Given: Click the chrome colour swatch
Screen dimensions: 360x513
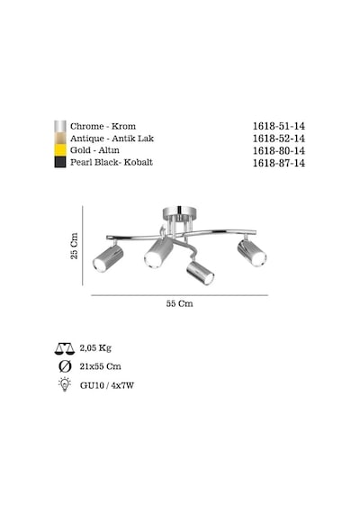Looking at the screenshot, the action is tap(60, 126).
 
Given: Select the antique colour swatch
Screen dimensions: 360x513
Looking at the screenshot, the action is tap(60, 139).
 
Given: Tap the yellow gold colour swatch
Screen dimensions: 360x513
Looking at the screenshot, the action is tap(60, 150).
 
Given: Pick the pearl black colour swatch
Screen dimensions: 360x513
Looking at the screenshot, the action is tap(60, 162).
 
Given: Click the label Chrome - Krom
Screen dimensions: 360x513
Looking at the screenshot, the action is tap(103, 126).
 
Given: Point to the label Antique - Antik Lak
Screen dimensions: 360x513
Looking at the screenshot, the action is tap(112, 139).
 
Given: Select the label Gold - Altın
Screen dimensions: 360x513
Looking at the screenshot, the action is tap(94, 150).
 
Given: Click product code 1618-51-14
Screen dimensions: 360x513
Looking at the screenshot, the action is tap(278, 126).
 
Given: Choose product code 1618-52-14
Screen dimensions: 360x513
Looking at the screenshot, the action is tap(278, 139).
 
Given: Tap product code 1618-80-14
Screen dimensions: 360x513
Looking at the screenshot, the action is tap(278, 150).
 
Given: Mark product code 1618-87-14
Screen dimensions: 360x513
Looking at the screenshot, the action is tap(278, 163).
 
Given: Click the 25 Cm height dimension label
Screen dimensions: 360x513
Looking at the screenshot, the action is tap(75, 246).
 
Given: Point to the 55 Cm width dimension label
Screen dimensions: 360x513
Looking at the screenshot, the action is tap(179, 303).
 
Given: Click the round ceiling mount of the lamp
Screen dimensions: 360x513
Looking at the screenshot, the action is tap(180, 213).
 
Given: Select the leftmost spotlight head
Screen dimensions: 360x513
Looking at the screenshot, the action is tap(108, 258).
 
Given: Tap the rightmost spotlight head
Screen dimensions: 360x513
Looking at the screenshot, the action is tap(252, 253).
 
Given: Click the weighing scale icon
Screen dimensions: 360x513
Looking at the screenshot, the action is tap(65, 349).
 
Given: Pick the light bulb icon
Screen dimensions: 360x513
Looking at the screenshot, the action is tap(65, 384).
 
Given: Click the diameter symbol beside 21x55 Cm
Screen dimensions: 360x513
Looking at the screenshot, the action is tap(65, 366).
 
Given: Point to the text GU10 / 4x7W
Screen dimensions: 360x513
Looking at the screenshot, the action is tap(107, 385).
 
